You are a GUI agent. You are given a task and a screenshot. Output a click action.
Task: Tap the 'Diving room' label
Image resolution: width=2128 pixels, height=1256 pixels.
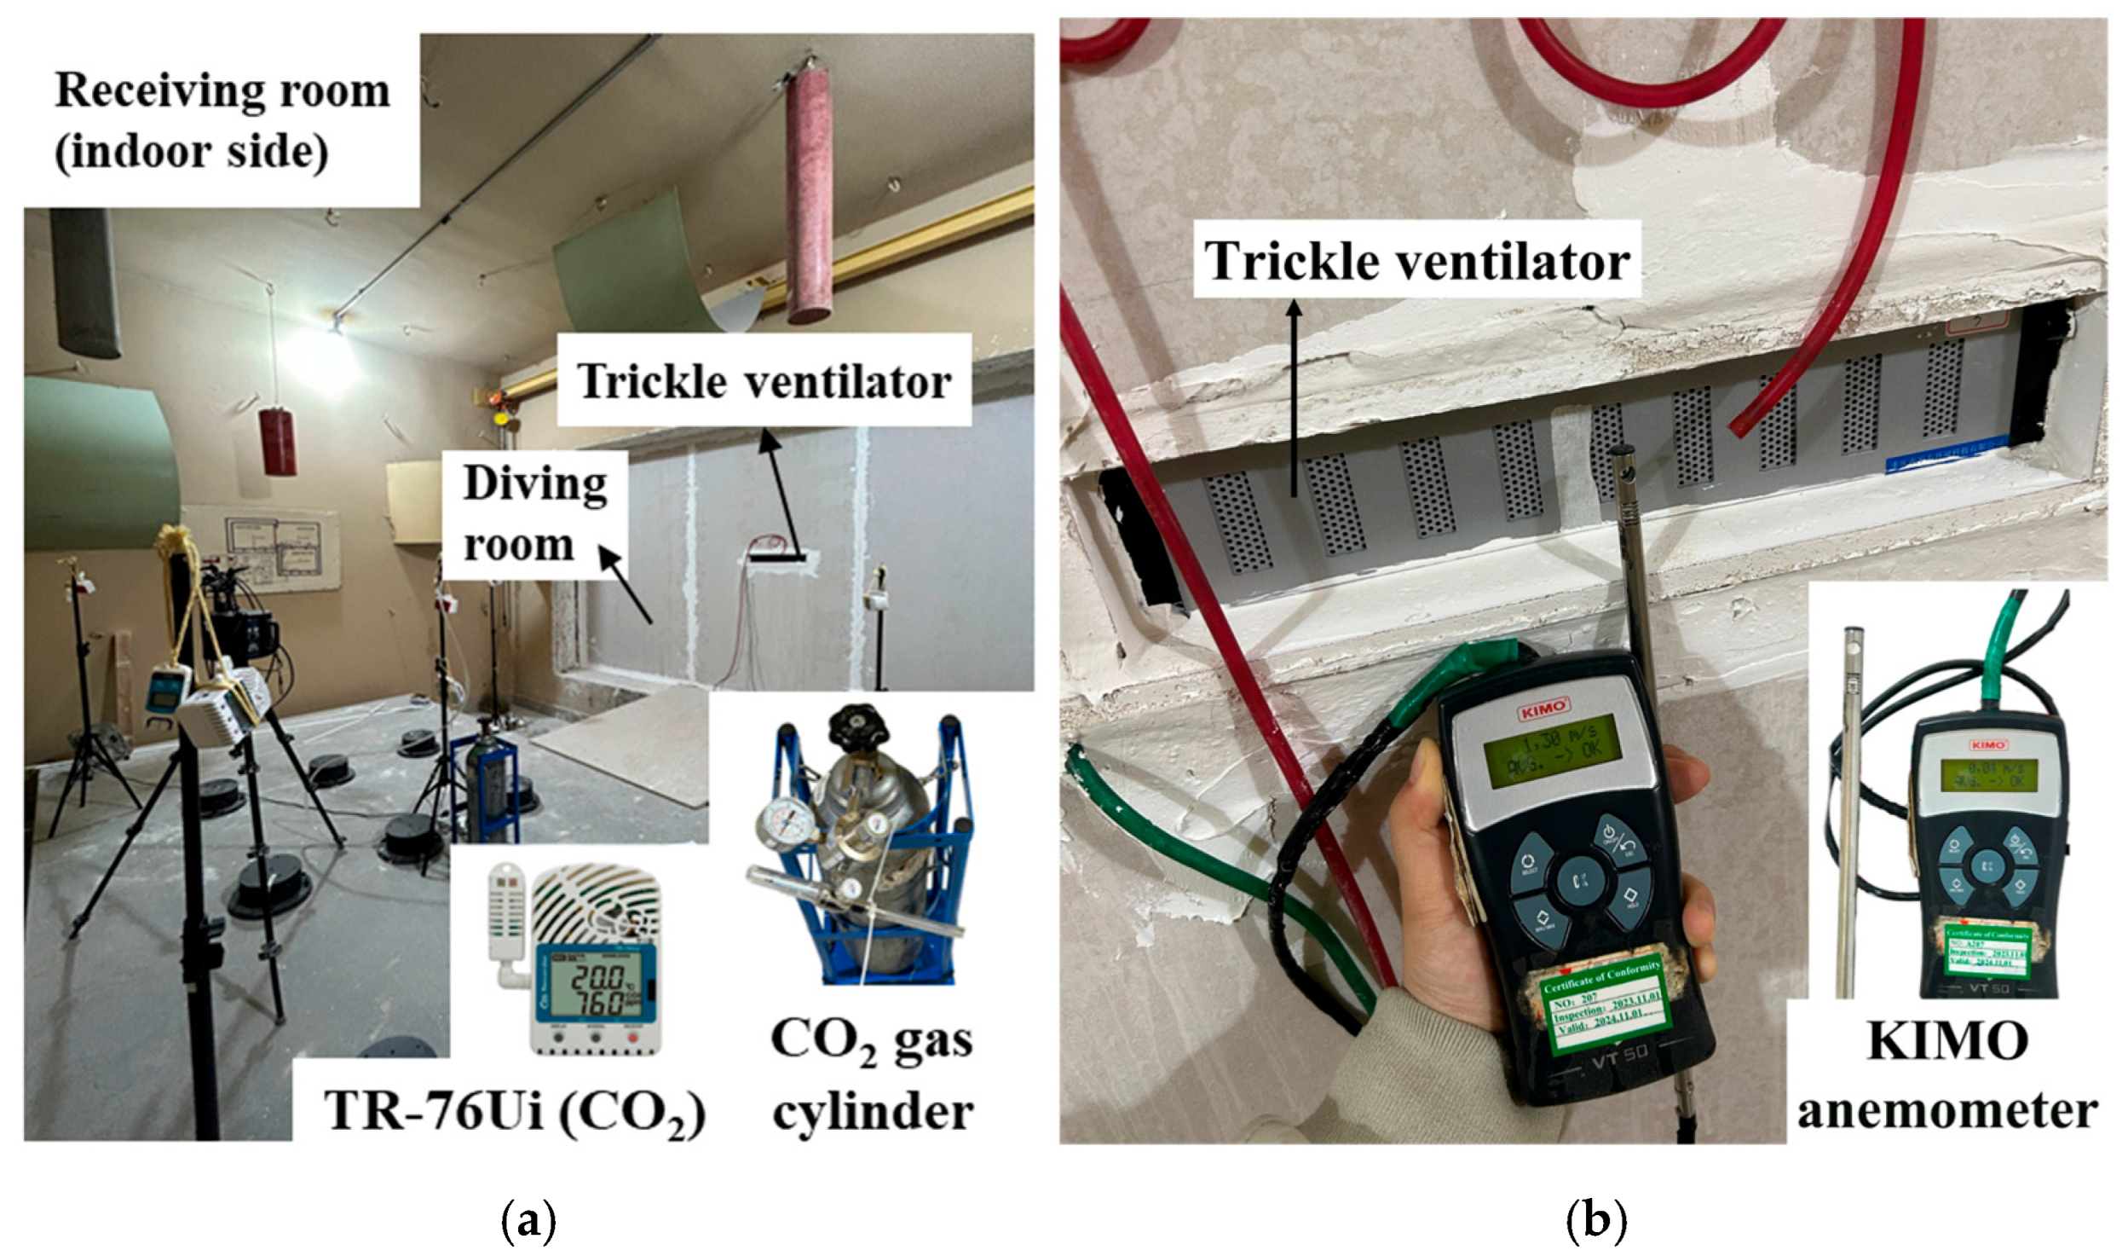(x=534, y=514)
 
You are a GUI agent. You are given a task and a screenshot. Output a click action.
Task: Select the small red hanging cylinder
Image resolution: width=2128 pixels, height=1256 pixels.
(x=279, y=441)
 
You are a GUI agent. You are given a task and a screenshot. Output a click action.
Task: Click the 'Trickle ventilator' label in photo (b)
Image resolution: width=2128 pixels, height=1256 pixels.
(x=1417, y=260)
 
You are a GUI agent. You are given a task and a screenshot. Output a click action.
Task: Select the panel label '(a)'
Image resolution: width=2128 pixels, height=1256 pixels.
(x=529, y=1222)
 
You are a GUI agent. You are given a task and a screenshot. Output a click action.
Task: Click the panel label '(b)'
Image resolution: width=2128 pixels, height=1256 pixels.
(x=1596, y=1222)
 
